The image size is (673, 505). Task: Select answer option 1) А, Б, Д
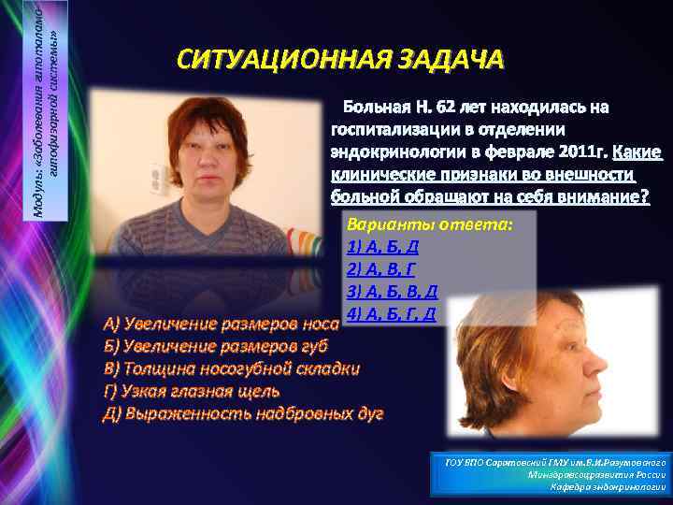pos(381,246)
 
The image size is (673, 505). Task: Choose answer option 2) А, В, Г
pos(381,268)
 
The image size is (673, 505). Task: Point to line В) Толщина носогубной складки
pos(231,368)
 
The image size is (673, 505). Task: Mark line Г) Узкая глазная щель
pos(191,391)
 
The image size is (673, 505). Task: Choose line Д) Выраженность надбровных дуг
pos(242,412)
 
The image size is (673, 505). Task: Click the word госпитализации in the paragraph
pos(398,128)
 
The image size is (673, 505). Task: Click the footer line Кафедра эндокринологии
pos(608,487)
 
